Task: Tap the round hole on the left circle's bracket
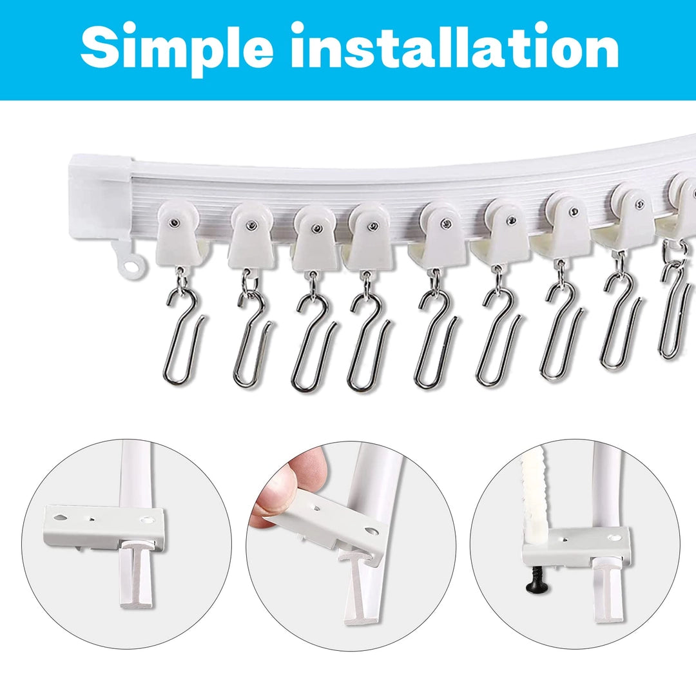coord(146,518)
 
